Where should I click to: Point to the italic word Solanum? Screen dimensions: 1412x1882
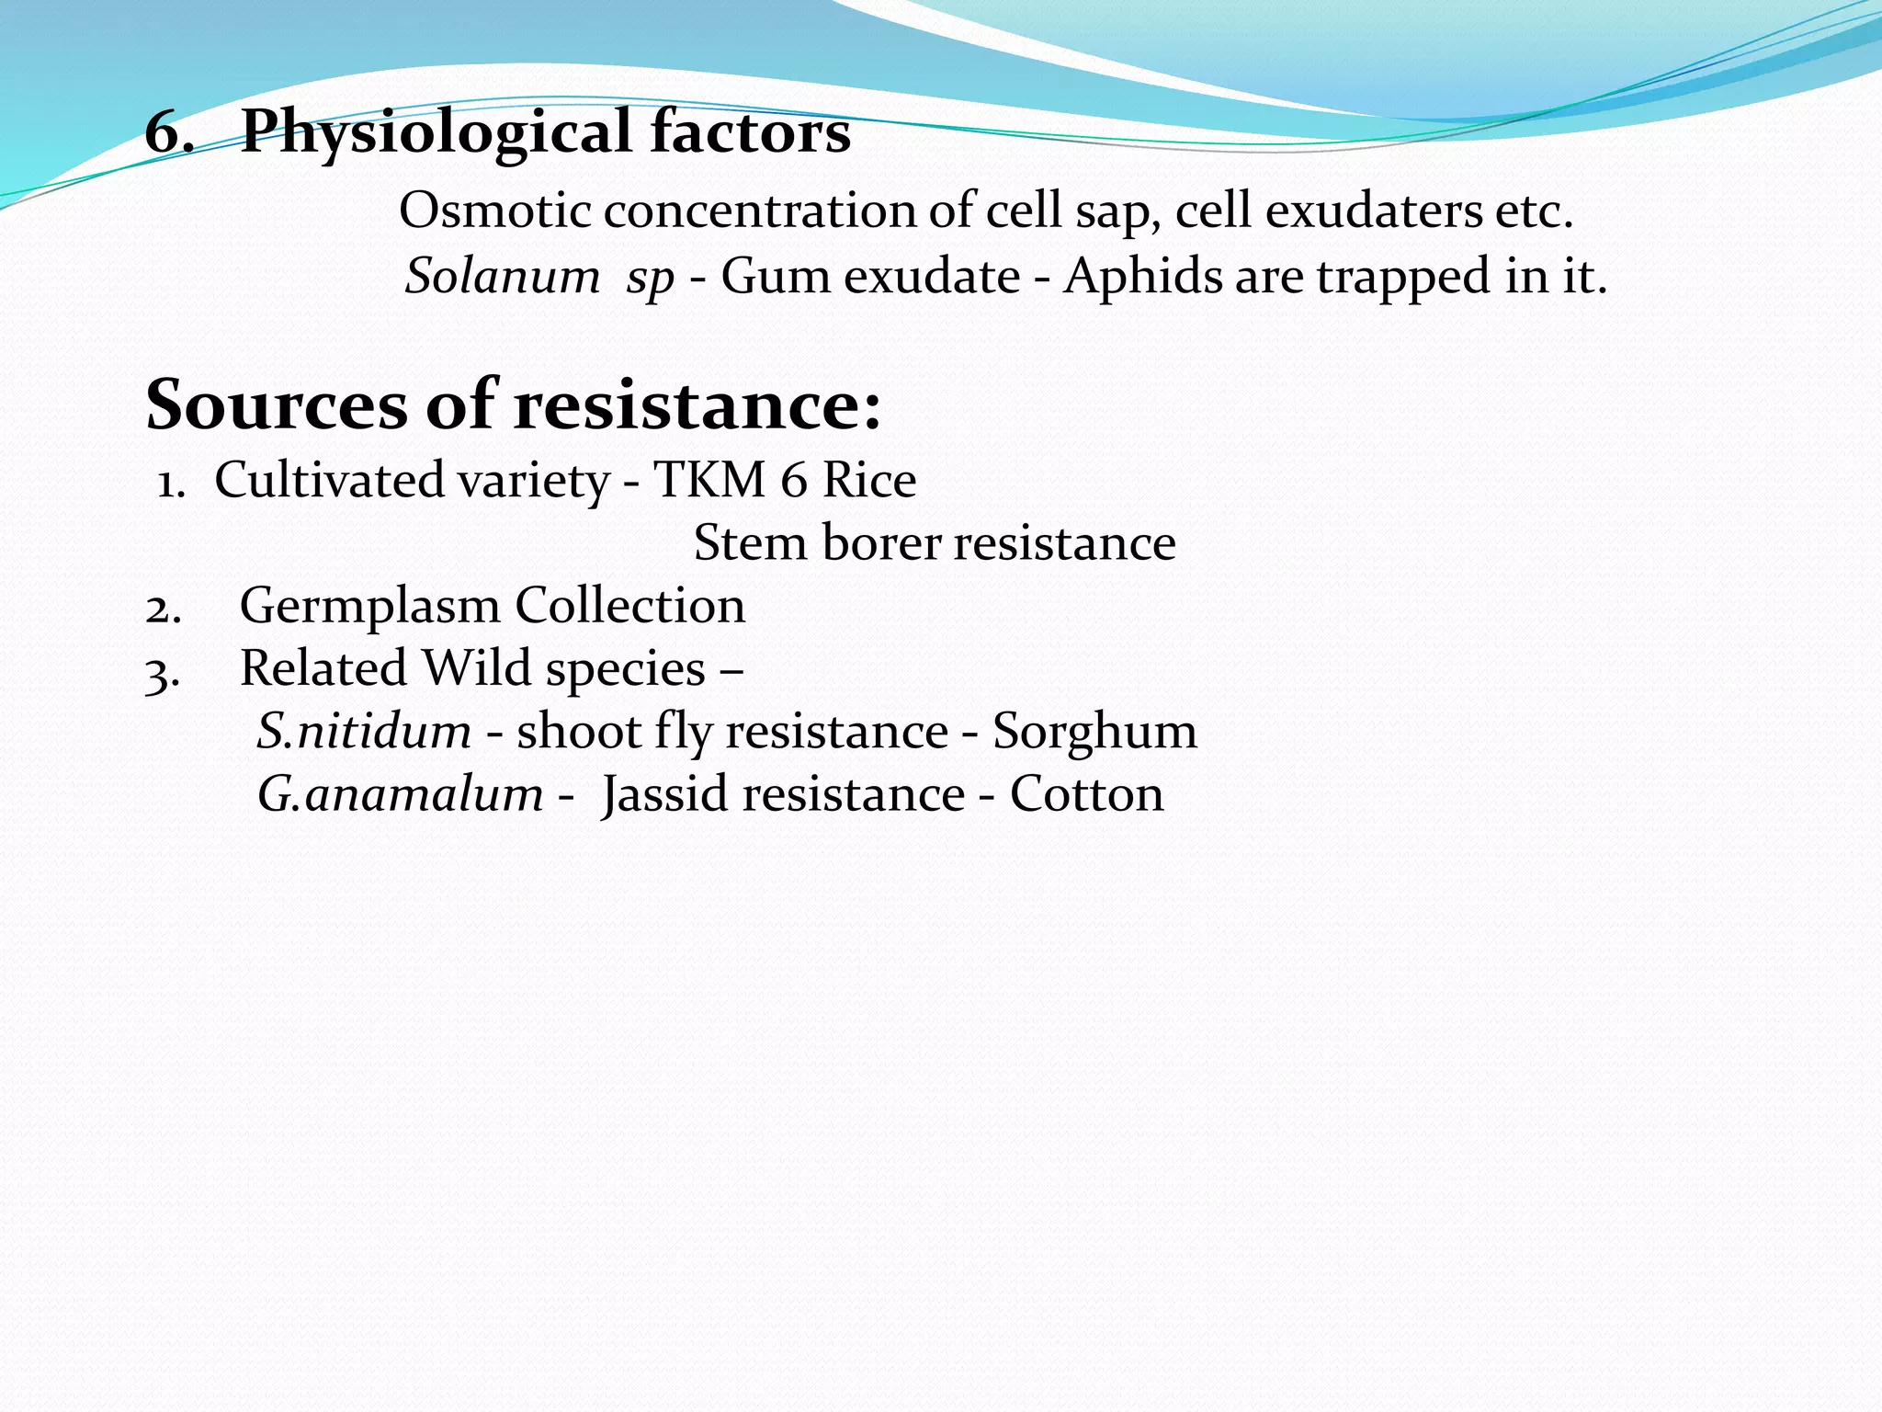coord(503,276)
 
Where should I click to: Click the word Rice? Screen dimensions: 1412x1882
coord(869,480)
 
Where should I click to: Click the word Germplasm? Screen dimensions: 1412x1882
coord(369,607)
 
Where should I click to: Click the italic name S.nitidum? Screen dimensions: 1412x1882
coord(364,732)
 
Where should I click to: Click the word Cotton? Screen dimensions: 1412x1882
coord(1086,794)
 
